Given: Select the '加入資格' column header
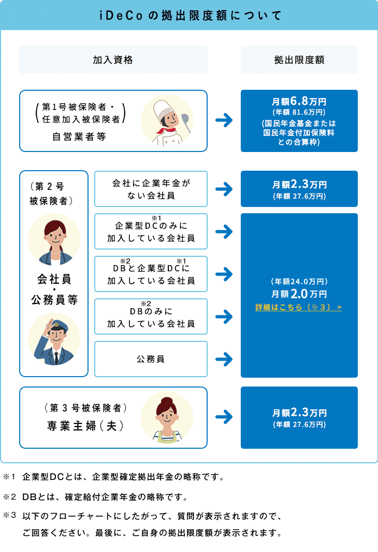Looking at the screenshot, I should point(113,60).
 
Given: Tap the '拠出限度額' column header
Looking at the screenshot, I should point(299,60).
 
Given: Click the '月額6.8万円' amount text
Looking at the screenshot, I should point(299,101).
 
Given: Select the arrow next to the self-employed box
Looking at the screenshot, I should point(224,121).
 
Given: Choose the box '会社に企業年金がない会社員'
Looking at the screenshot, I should point(151,189).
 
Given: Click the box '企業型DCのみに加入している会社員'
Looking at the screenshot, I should point(151,231).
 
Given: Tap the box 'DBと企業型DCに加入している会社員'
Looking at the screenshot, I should point(151,274).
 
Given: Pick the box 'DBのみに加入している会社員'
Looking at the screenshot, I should point(151,316).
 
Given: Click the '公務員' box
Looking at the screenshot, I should point(151,358).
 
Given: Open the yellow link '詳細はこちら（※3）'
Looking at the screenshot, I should point(299,308).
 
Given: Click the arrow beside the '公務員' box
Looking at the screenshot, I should point(224,358).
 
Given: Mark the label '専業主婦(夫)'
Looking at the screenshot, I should point(85,425).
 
